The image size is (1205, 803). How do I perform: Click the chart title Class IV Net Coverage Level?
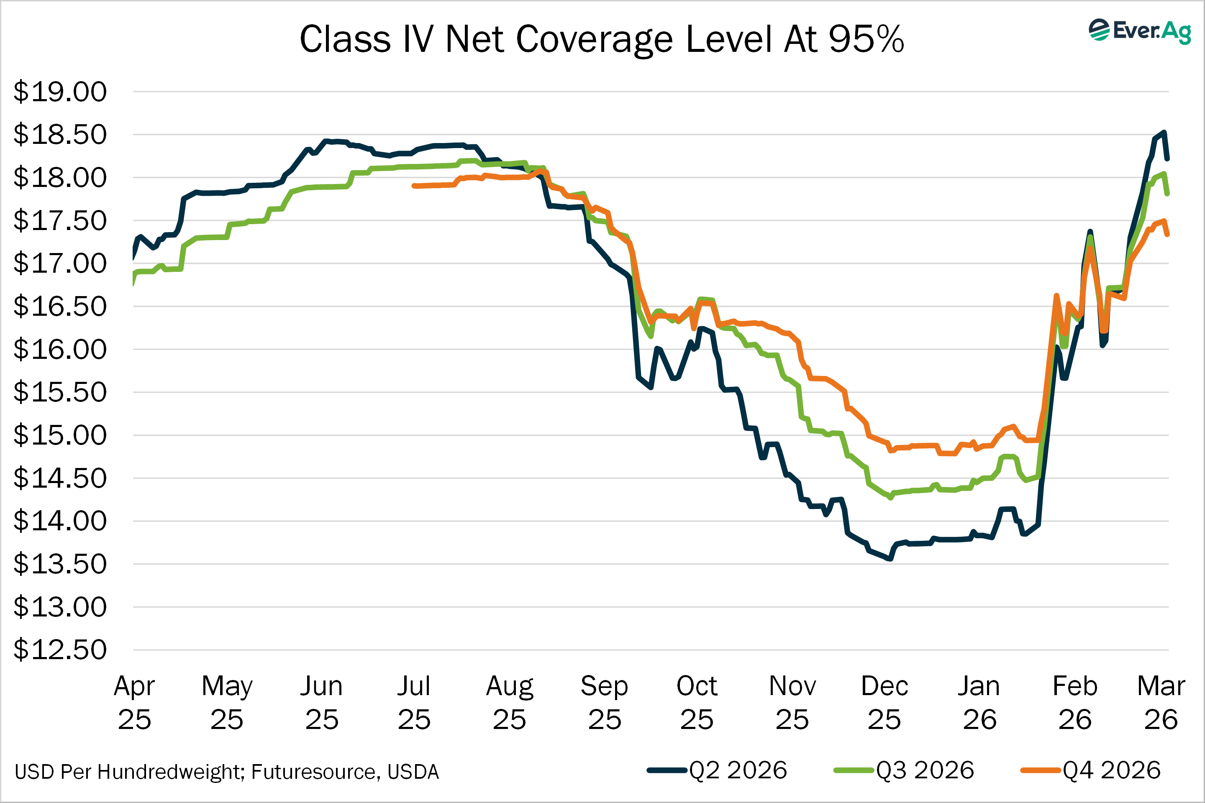point(602,39)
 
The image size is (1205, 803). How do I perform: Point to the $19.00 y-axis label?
point(60,92)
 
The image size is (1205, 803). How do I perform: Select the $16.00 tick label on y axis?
point(60,350)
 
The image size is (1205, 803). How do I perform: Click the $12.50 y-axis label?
point(60,650)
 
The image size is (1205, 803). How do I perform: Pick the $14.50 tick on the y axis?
point(60,478)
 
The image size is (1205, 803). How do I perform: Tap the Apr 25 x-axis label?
point(134,703)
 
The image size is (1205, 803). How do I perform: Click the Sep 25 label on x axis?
point(604,703)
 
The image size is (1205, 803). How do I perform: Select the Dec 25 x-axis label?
point(884,703)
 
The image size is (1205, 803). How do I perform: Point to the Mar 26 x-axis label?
point(1161,703)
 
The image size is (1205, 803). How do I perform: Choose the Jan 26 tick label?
point(979,703)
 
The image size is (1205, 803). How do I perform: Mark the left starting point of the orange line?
point(414,186)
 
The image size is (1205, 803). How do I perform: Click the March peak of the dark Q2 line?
point(1164,132)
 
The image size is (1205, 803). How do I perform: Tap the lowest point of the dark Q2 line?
point(890,559)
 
